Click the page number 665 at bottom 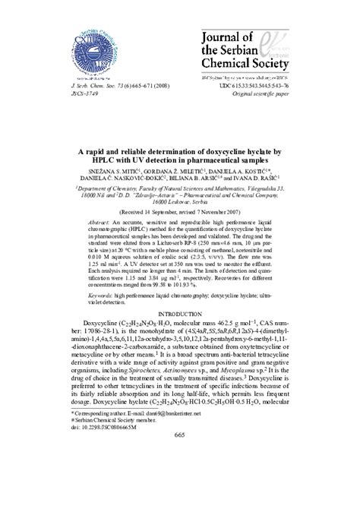coord(180,498)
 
